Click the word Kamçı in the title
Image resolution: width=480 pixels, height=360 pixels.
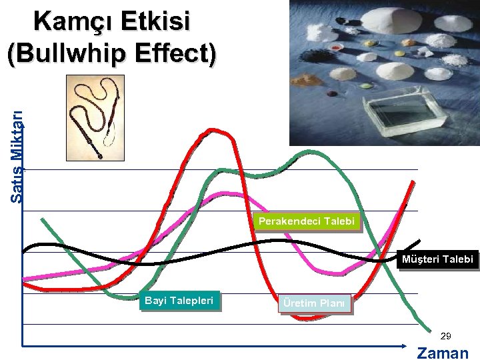[73, 22]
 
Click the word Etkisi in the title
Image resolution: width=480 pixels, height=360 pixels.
[155, 22]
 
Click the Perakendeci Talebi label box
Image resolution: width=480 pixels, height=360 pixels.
[307, 221]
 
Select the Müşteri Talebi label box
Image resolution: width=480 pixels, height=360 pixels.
[437, 259]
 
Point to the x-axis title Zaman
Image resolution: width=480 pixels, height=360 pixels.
[443, 353]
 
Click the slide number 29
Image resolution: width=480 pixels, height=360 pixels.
[446, 336]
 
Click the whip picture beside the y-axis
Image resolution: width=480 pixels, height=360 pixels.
[95, 118]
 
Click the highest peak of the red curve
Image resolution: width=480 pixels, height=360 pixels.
[212, 131]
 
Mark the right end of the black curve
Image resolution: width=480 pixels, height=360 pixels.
[419, 241]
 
